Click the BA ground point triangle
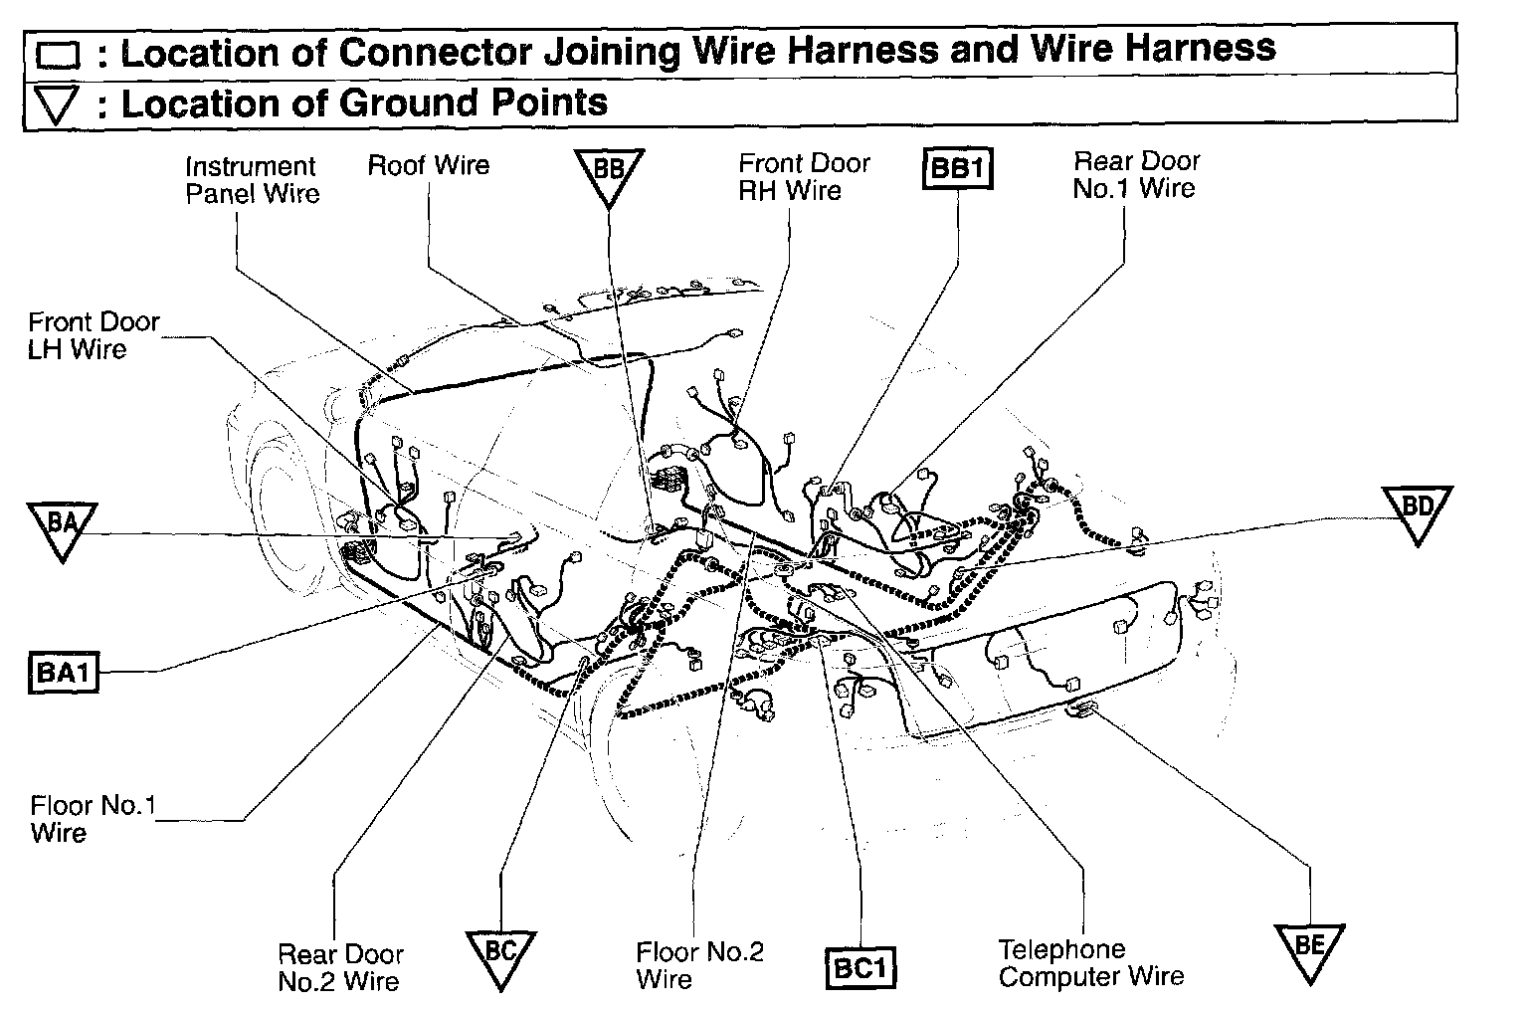pyautogui.click(x=62, y=526)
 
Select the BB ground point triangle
pyautogui.click(x=609, y=173)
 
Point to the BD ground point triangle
pyautogui.click(x=1417, y=510)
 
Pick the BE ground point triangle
pyautogui.click(x=1309, y=948)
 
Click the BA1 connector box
pyautogui.click(x=63, y=673)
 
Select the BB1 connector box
pyautogui.click(x=959, y=168)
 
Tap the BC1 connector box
pyautogui.click(x=861, y=969)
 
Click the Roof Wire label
pyautogui.click(x=429, y=165)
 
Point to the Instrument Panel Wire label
pyautogui.click(x=252, y=180)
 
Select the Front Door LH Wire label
pyautogui.click(x=93, y=335)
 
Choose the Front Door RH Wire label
pyautogui.click(x=804, y=177)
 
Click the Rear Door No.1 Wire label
pyautogui.click(x=1136, y=174)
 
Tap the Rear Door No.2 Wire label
pyautogui.click(x=340, y=967)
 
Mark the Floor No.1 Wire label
pyautogui.click(x=93, y=818)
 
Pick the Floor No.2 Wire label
pyautogui.click(x=699, y=965)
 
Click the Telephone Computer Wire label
pyautogui.click(x=1091, y=962)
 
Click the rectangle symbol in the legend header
pyautogui.click(x=56, y=56)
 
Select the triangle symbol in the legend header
pyautogui.click(x=56, y=104)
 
